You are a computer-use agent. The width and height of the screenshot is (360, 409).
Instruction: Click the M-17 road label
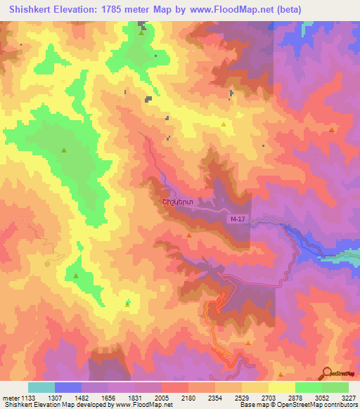tap(238, 220)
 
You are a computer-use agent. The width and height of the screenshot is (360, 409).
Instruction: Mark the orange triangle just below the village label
tap(189, 235)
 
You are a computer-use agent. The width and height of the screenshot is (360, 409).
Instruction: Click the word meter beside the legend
tap(11, 397)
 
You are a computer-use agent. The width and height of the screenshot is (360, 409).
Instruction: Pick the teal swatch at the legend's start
tap(41, 387)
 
